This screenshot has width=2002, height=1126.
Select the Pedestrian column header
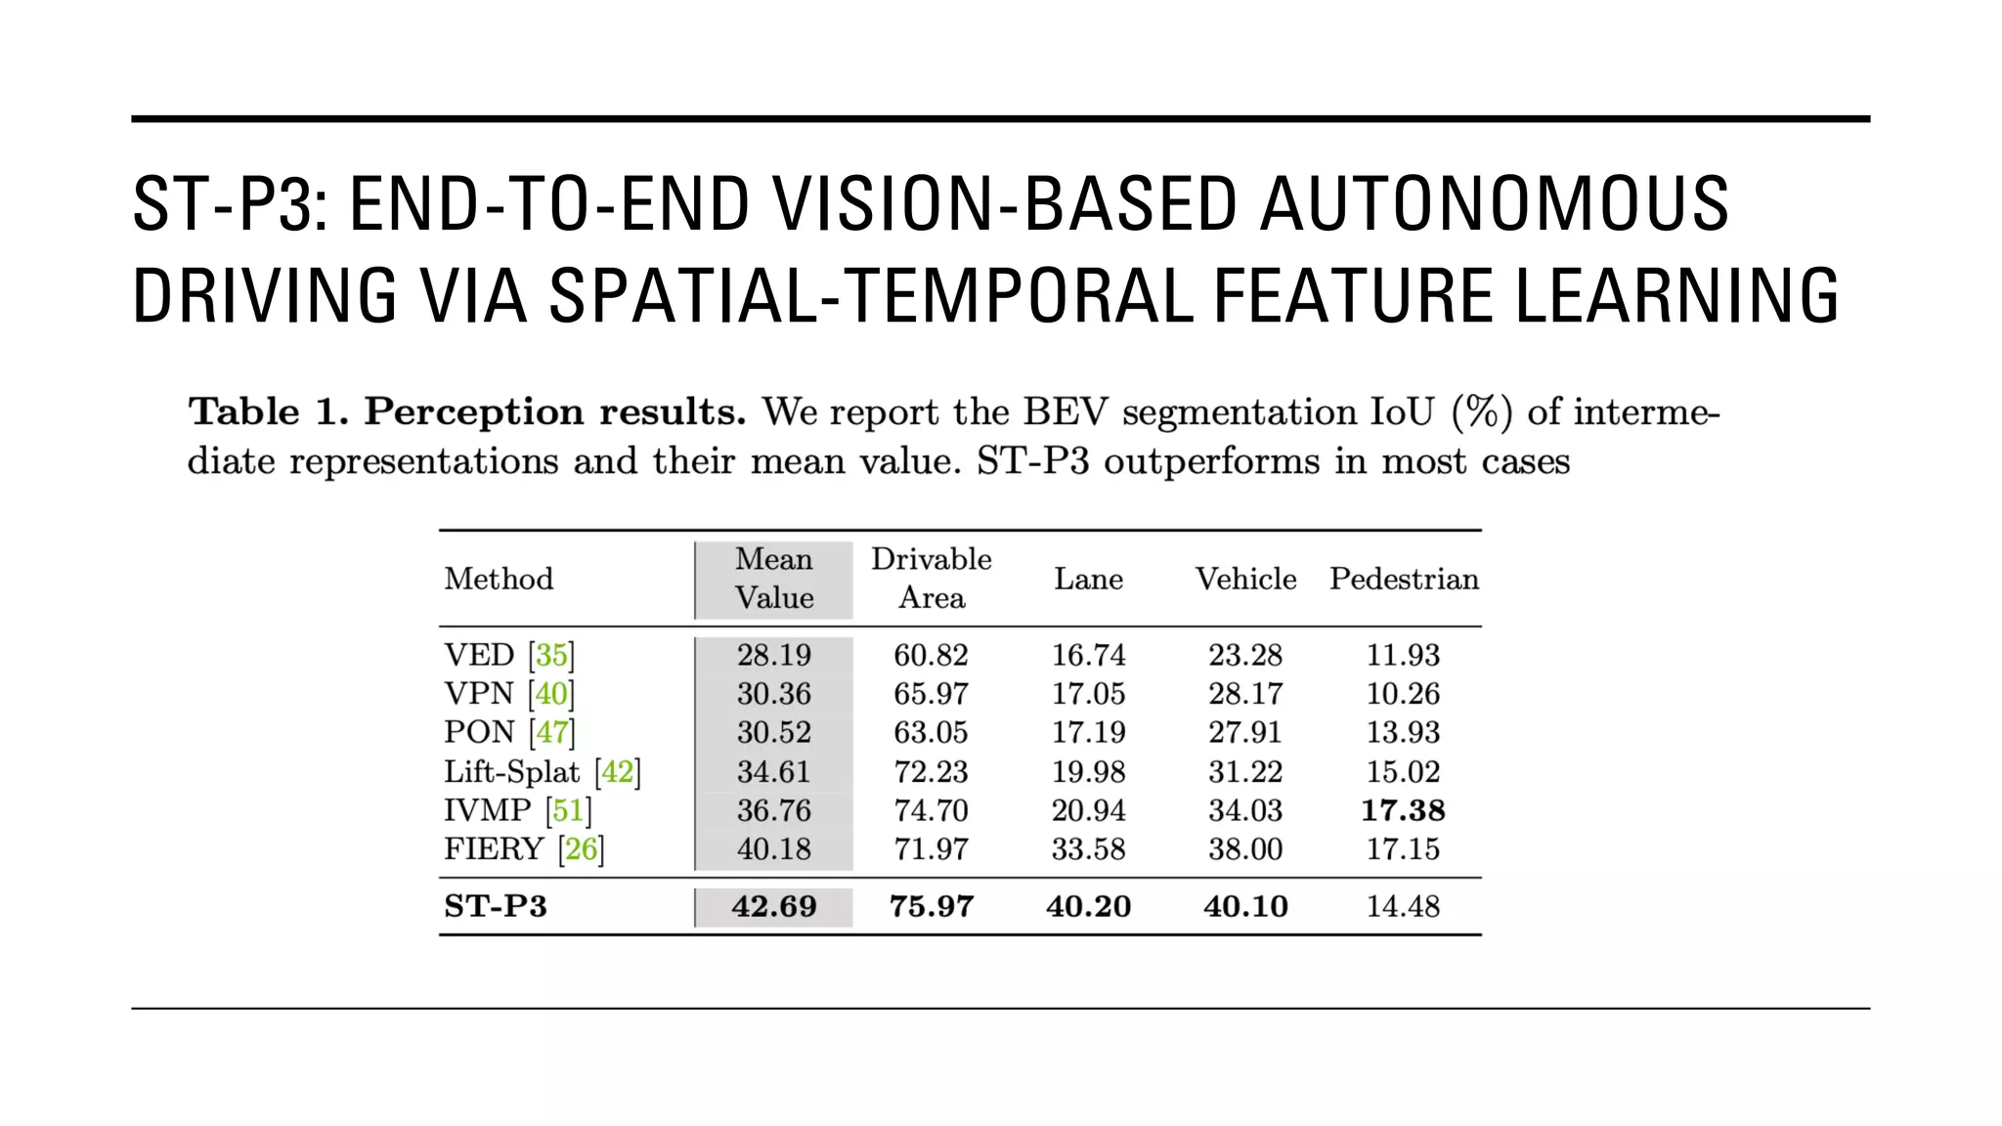[1404, 579]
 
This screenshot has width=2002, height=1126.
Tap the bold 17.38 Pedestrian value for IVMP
[1403, 810]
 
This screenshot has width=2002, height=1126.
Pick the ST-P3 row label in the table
[496, 906]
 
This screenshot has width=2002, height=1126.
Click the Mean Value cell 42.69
[773, 906]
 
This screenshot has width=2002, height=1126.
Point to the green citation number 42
[618, 772]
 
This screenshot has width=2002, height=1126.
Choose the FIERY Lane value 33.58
[1088, 848]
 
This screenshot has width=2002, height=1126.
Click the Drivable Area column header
[932, 579]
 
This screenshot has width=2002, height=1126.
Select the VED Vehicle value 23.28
[1245, 655]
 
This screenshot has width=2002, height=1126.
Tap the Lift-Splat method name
[512, 772]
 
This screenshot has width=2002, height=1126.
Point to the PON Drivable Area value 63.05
[931, 732]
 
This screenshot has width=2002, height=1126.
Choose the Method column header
[499, 579]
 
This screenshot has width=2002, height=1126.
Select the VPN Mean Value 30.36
[773, 694]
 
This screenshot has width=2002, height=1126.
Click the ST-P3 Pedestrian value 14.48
[1403, 906]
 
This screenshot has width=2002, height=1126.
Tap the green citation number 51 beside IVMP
[568, 810]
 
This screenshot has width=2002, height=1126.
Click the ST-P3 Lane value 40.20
[1088, 906]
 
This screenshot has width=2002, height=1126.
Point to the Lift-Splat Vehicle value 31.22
[1245, 772]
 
